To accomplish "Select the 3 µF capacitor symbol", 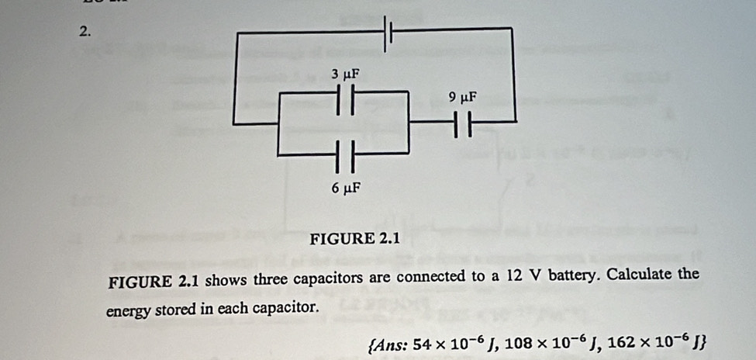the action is (x=345, y=100).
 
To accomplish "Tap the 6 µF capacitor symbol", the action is (x=345, y=157).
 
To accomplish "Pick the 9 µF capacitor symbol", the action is (x=463, y=123).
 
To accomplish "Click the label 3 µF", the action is (x=346, y=74).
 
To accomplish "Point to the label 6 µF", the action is (x=346, y=188).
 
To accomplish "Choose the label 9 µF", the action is (x=462, y=98).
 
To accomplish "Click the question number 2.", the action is (x=85, y=33).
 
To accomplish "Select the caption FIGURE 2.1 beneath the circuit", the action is (x=354, y=238).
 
